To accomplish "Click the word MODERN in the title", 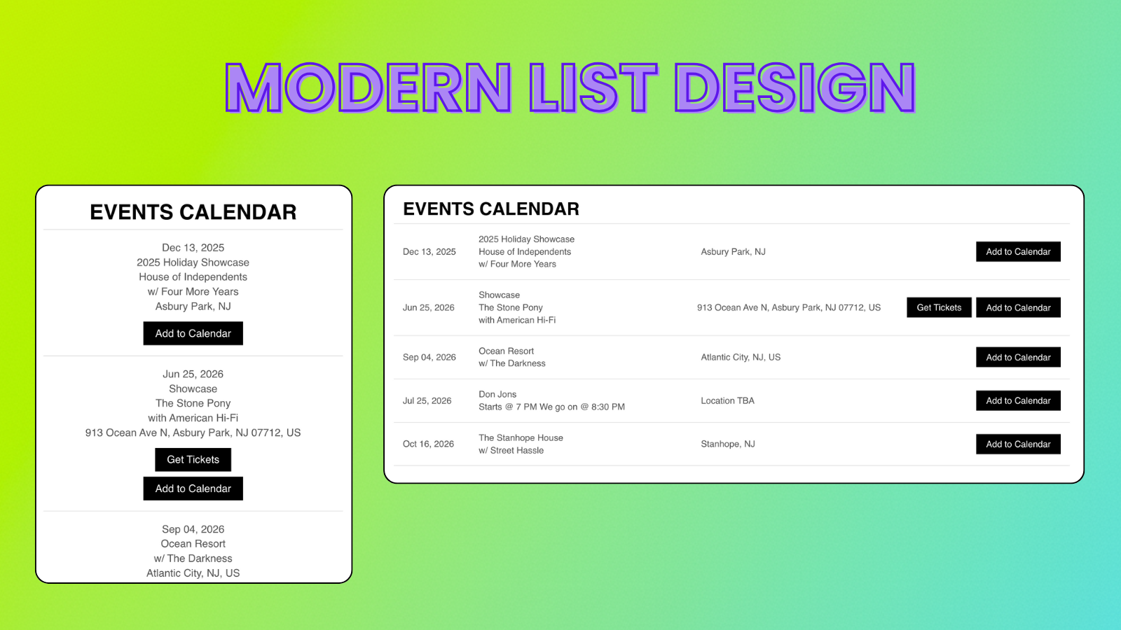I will click(369, 88).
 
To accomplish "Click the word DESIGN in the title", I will click(795, 88).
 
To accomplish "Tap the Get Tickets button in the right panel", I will click(939, 307).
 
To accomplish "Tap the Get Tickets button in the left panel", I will click(193, 460).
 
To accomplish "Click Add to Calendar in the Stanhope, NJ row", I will click(1018, 444).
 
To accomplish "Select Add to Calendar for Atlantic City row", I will click(1018, 357).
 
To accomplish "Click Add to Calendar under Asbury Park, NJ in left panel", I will click(193, 333).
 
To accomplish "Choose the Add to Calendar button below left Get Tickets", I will click(193, 489).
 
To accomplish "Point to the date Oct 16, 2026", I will click(428, 444).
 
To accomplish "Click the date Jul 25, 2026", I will click(427, 400).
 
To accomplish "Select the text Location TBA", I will click(727, 400).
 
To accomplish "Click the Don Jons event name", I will click(497, 394).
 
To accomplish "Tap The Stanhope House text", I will click(521, 437).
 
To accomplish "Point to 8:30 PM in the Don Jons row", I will click(607, 407).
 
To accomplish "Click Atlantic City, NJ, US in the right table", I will click(741, 357).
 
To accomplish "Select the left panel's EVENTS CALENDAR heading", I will click(193, 212).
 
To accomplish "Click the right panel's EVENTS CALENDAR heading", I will click(491, 209).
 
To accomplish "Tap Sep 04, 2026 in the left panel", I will click(193, 529).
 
